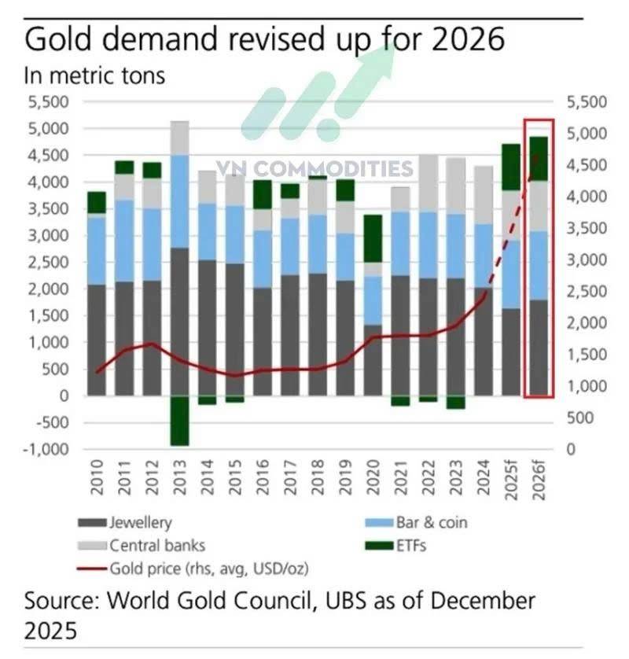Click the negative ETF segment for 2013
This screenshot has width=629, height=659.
pos(180,420)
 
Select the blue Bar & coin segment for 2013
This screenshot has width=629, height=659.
pos(180,202)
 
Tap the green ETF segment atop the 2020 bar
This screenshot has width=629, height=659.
pos(373,239)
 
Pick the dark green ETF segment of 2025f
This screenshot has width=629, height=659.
pos(511,168)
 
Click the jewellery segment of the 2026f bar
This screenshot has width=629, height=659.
pos(539,348)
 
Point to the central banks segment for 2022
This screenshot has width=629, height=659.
pos(429,183)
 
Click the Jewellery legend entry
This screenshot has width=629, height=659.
pos(125,522)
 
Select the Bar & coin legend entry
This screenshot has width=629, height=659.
pos(416,522)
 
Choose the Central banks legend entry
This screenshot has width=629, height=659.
pos(142,546)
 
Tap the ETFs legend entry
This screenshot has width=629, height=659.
pos(395,546)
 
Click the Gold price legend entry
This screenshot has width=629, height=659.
pos(193,569)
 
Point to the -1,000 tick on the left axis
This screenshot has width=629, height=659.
pos(46,449)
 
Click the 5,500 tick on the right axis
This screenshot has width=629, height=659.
pos(587,102)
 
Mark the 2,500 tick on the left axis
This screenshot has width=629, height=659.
pos(48,262)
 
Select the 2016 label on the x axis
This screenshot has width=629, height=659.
pos(263,477)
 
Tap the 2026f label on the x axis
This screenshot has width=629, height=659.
pos(539,480)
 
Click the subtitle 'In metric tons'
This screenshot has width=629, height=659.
pos(94,75)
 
